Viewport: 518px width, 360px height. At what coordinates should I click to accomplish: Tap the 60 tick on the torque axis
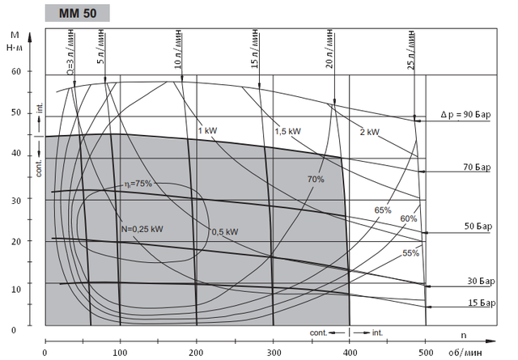(x=15, y=71)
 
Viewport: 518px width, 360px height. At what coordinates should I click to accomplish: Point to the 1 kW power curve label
(x=208, y=130)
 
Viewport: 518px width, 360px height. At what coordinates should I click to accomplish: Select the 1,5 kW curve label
(x=287, y=130)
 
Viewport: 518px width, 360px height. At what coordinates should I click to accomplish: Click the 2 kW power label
(x=371, y=131)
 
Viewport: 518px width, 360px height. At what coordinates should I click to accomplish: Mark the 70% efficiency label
(x=316, y=178)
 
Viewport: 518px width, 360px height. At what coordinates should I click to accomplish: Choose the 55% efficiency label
(x=411, y=252)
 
